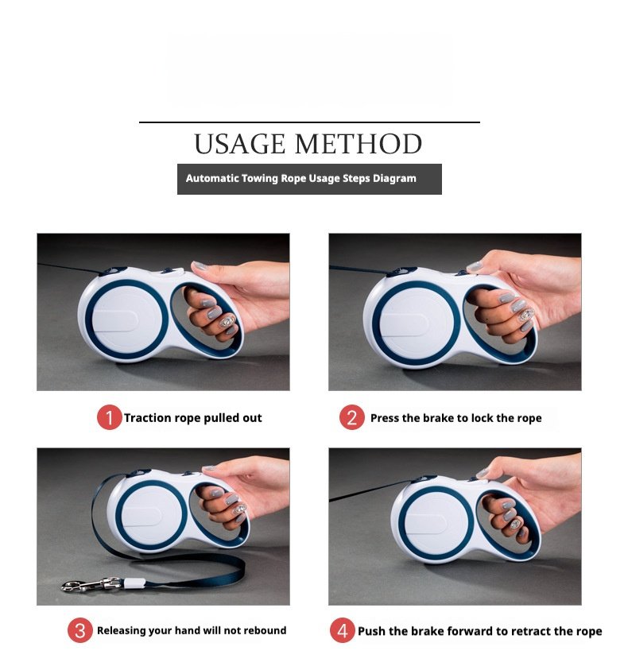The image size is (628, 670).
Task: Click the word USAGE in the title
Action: (x=240, y=144)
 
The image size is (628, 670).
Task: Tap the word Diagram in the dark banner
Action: (x=394, y=178)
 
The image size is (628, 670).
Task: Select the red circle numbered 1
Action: (x=109, y=417)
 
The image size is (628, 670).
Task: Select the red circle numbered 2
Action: (x=352, y=417)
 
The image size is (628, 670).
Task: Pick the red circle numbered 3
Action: (x=80, y=629)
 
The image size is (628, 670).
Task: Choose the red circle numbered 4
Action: (x=343, y=629)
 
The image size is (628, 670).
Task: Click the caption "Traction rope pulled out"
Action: (x=193, y=418)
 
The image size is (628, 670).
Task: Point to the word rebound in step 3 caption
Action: (x=266, y=630)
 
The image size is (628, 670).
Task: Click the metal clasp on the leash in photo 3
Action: (x=90, y=584)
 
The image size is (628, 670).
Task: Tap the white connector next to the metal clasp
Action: (x=134, y=583)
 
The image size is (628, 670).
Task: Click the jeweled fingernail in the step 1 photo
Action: (x=228, y=321)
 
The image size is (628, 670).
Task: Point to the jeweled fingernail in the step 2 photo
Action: (x=527, y=315)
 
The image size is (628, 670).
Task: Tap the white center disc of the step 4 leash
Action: (x=436, y=524)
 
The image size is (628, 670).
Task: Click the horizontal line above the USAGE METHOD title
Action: (x=309, y=122)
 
